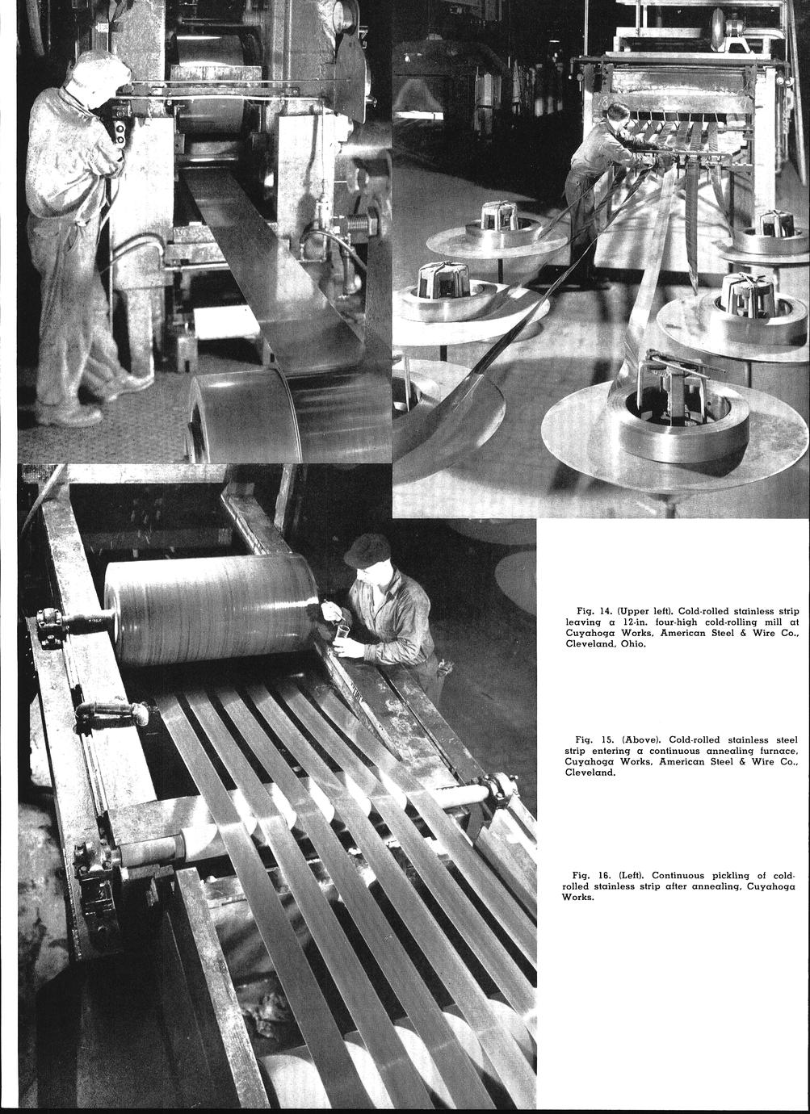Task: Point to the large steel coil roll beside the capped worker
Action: pos(212,609)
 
